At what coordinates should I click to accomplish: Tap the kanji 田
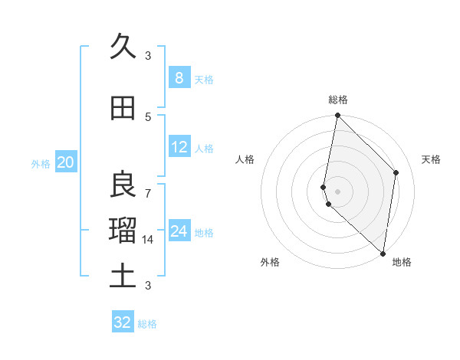coord(123,108)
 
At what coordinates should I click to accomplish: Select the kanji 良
coord(123,183)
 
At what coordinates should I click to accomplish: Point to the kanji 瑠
coord(123,229)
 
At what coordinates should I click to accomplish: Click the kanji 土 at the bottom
coord(123,275)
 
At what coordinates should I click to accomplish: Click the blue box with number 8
coord(179,77)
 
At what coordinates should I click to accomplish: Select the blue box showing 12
coord(179,147)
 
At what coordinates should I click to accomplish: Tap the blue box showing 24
coord(179,231)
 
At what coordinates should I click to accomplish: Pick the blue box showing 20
coord(65,162)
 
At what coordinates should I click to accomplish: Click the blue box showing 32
coord(123,322)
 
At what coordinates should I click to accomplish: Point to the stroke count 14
coord(148,240)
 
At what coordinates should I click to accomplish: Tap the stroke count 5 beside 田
coord(148,116)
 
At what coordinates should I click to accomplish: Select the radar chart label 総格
coord(338,100)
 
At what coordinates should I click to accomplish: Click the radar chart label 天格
coord(431,159)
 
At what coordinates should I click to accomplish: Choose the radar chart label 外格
coord(270,262)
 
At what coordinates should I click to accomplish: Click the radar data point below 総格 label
coord(337,116)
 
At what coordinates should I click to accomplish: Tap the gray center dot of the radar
coord(337,191)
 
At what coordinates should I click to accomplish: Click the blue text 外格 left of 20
coord(40,163)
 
